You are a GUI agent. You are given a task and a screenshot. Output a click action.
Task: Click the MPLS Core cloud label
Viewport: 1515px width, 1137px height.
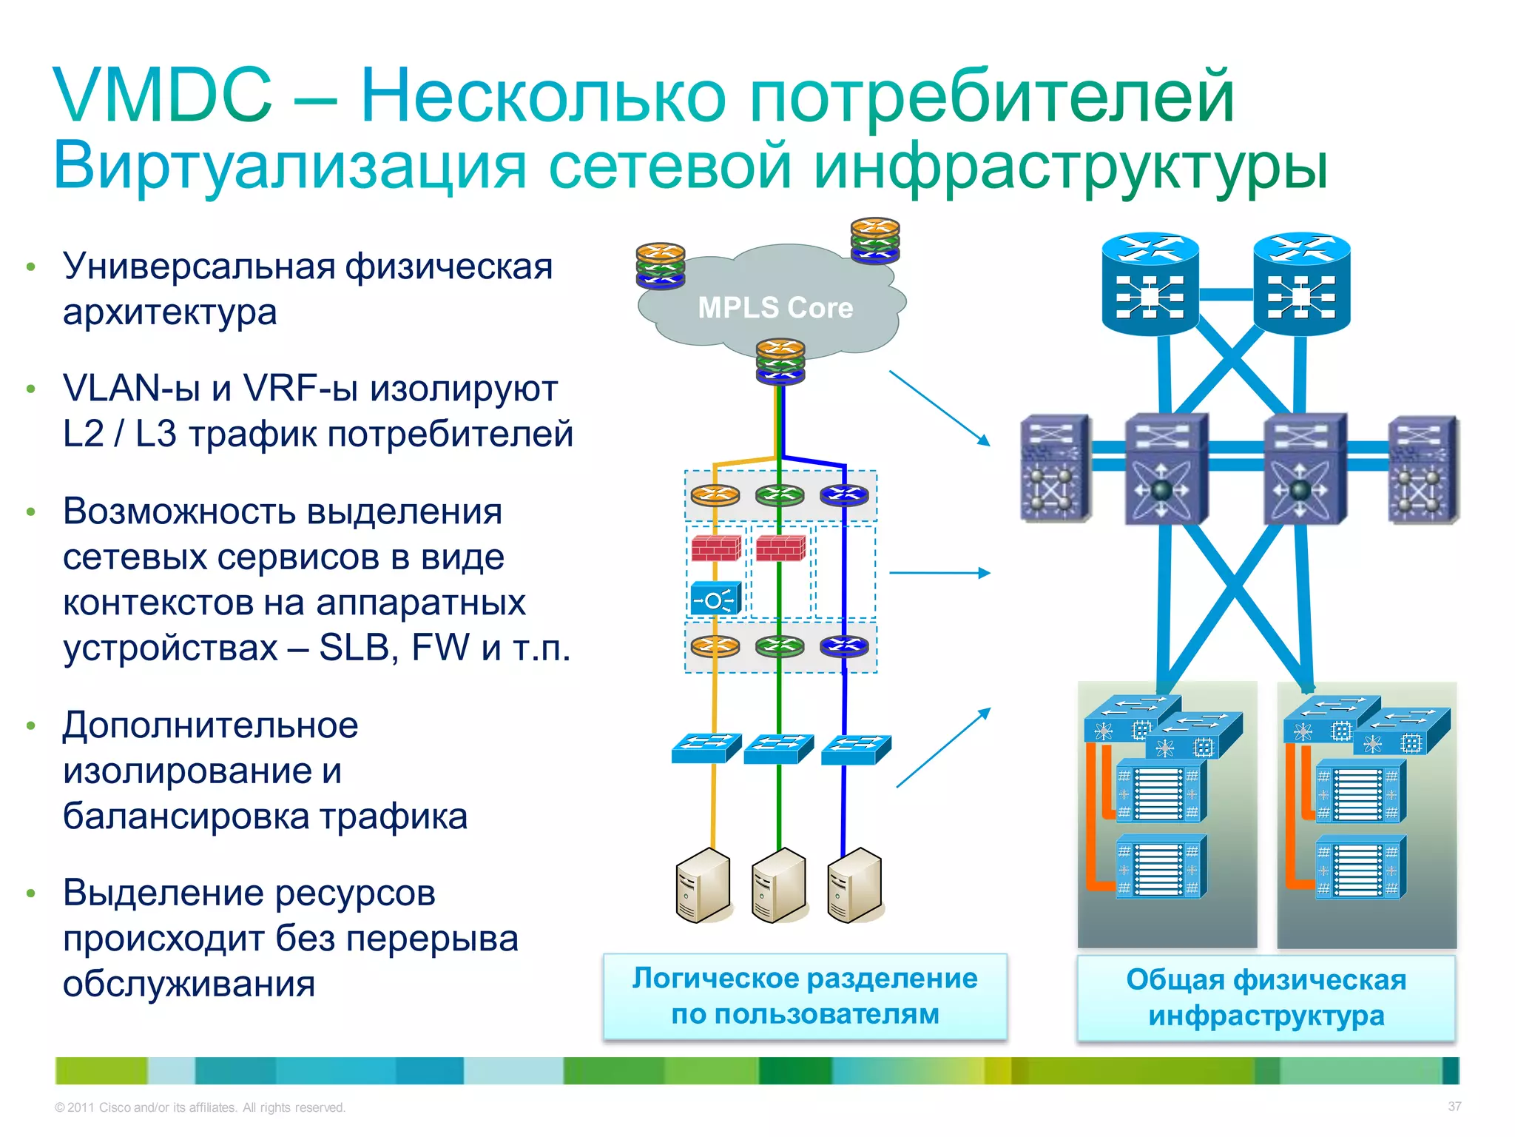(x=775, y=307)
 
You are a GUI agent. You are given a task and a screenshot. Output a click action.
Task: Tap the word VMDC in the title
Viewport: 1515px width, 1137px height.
(x=162, y=95)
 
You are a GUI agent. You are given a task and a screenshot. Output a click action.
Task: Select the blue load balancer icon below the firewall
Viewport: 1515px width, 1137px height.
(x=715, y=599)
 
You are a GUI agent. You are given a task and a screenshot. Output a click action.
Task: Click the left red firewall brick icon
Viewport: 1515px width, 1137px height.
(x=715, y=549)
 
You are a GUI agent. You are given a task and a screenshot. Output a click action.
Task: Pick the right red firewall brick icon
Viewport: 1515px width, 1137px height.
(x=780, y=549)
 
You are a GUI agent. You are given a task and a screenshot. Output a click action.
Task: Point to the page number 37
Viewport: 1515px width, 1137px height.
(x=1454, y=1106)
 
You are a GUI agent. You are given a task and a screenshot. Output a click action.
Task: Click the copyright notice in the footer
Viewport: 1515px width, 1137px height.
(x=200, y=1107)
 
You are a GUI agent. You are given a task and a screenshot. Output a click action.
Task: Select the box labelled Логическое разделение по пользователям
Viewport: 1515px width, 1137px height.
(x=805, y=996)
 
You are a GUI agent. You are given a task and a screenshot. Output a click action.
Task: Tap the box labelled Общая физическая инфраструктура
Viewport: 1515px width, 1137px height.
(x=1266, y=998)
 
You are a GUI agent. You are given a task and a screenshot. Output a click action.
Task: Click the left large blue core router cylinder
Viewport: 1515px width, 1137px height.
(x=1150, y=284)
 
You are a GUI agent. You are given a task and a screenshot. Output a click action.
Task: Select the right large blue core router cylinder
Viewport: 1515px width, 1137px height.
(x=1301, y=284)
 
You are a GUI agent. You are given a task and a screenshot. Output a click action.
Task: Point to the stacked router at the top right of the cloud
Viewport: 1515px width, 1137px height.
(x=875, y=240)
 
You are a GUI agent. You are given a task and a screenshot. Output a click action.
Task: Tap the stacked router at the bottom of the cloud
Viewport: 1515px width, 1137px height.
(x=780, y=361)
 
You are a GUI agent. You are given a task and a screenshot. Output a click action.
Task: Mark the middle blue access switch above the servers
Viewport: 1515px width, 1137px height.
(x=778, y=748)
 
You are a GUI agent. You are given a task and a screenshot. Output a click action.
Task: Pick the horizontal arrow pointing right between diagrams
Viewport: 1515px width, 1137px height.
(x=939, y=573)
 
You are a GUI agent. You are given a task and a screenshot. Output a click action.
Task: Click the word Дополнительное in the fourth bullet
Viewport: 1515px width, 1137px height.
(x=210, y=725)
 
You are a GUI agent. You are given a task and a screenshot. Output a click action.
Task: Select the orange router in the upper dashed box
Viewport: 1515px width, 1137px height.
(x=715, y=494)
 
